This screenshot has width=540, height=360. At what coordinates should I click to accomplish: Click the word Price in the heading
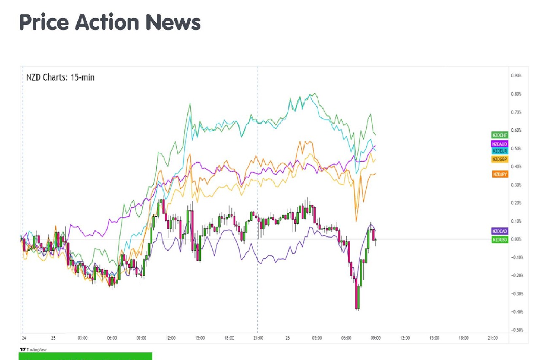[x=43, y=22]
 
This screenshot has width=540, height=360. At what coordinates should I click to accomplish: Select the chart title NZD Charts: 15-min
[x=60, y=78]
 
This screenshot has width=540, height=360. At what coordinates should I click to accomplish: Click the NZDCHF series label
[x=499, y=135]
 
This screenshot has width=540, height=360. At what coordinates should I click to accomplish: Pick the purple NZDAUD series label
[x=499, y=144]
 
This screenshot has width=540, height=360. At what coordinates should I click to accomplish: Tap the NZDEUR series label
[x=499, y=150]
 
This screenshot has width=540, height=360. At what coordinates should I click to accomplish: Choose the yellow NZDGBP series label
[x=499, y=159]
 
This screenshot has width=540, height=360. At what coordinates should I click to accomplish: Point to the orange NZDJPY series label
[x=499, y=174]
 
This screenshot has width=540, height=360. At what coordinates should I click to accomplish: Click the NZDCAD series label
[x=499, y=231]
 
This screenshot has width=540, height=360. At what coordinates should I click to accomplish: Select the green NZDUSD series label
[x=499, y=239]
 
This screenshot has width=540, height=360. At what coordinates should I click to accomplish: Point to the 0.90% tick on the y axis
[x=516, y=76]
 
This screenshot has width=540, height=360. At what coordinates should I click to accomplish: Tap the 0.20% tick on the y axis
[x=516, y=203]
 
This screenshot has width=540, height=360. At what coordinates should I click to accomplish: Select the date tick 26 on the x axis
[x=288, y=338]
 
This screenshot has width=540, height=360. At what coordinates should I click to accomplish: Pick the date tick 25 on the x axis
[x=53, y=338]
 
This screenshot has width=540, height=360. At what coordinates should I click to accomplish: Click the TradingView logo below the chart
[x=33, y=349]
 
